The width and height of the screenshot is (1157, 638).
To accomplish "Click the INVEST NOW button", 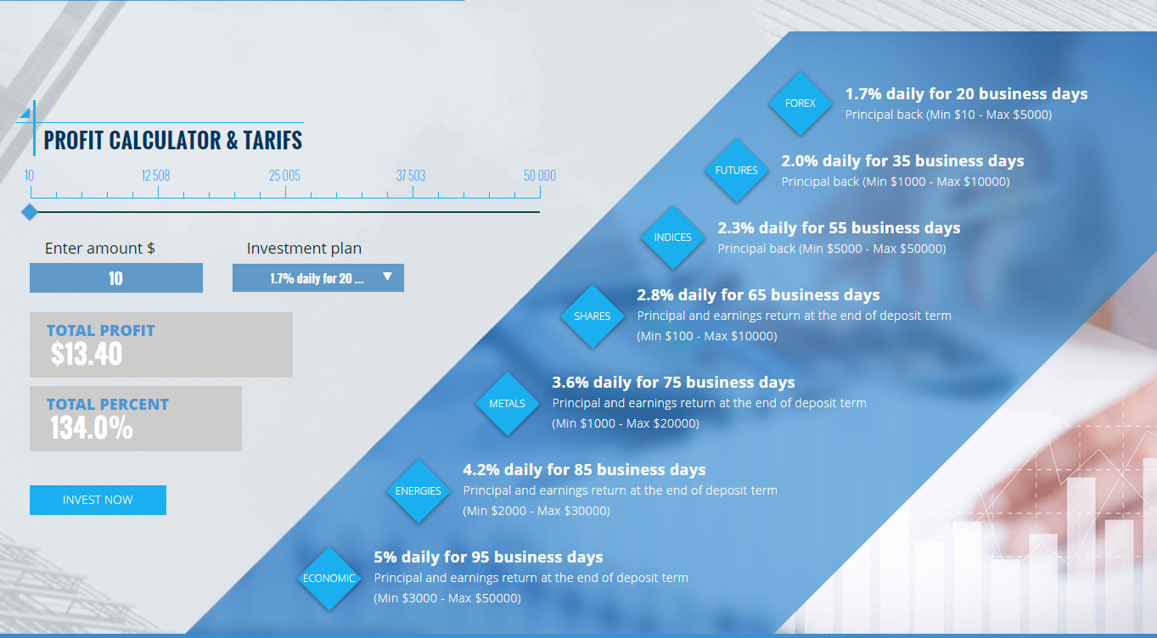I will click(98, 500).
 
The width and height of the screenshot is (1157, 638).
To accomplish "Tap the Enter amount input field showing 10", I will click(115, 278).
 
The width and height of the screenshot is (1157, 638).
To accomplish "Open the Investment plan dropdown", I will click(317, 277).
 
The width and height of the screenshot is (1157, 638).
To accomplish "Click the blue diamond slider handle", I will click(30, 212).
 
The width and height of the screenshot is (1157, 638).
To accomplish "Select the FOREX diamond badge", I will click(800, 104).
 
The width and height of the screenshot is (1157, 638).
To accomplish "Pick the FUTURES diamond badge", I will click(736, 171).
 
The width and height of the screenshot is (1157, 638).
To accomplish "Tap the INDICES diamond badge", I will click(672, 238).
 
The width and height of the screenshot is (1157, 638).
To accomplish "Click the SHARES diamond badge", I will click(592, 316).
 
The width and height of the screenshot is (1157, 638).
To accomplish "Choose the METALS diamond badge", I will click(507, 404).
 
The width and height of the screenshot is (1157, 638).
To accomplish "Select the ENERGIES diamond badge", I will click(418, 491).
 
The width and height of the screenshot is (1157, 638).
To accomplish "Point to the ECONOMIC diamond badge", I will click(329, 579).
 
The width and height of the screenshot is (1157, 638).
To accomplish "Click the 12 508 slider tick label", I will click(156, 176).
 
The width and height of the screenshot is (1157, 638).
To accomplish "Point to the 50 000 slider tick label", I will click(540, 176).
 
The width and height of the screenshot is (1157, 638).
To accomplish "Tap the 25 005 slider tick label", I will click(284, 176).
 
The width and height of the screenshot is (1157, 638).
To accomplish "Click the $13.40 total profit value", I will click(87, 354).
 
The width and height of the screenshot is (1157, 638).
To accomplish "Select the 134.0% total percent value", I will click(92, 428).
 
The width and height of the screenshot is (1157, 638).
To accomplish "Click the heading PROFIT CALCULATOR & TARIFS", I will click(173, 140).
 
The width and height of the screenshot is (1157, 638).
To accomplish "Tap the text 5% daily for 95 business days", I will click(488, 557).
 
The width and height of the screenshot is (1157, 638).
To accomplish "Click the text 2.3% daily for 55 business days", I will click(839, 228).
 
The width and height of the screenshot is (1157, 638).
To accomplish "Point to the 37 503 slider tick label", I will click(411, 176).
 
